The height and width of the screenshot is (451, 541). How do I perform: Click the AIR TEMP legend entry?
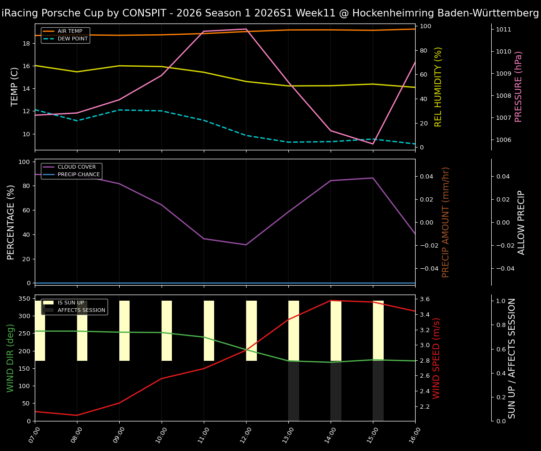pyautogui.click(x=70, y=31)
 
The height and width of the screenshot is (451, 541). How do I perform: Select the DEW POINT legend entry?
pyautogui.click(x=72, y=39)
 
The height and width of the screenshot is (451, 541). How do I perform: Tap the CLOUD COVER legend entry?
pyautogui.click(x=77, y=167)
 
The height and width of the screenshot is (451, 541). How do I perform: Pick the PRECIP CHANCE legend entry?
pyautogui.click(x=78, y=175)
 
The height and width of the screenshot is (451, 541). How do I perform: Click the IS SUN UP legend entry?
pyautogui.click(x=70, y=303)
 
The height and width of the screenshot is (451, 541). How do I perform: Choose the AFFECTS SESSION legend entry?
pyautogui.click(x=81, y=311)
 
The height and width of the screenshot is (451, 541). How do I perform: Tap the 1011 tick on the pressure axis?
pyautogui.click(x=503, y=30)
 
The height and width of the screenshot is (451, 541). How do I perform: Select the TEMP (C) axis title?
pyautogui.click(x=15, y=86)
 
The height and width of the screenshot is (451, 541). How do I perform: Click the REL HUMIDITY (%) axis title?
pyautogui.click(x=439, y=86)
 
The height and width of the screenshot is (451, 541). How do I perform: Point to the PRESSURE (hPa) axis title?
pyautogui.click(x=518, y=86)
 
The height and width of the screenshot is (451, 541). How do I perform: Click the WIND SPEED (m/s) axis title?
pyautogui.click(x=437, y=358)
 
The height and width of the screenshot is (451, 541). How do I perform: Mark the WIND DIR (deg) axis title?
pyautogui.click(x=10, y=358)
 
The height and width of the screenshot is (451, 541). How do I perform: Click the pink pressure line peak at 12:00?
pyautogui.click(x=246, y=29)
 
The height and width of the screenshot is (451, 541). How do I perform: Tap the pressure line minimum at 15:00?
pyautogui.click(x=373, y=144)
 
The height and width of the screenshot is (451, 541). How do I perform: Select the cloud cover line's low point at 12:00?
pyautogui.click(x=246, y=245)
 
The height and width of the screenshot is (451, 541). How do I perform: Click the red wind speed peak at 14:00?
pyautogui.click(x=331, y=300)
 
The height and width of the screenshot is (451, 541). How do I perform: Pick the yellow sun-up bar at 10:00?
pyautogui.click(x=167, y=331)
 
